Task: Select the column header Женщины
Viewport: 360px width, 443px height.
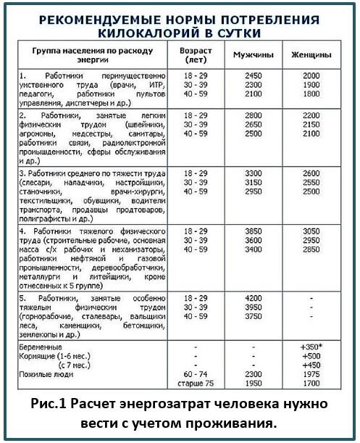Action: tap(311, 55)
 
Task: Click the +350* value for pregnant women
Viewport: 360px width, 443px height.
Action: tap(311, 347)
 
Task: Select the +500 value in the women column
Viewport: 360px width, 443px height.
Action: tap(311, 357)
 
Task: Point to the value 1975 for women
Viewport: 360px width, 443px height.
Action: tap(311, 374)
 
